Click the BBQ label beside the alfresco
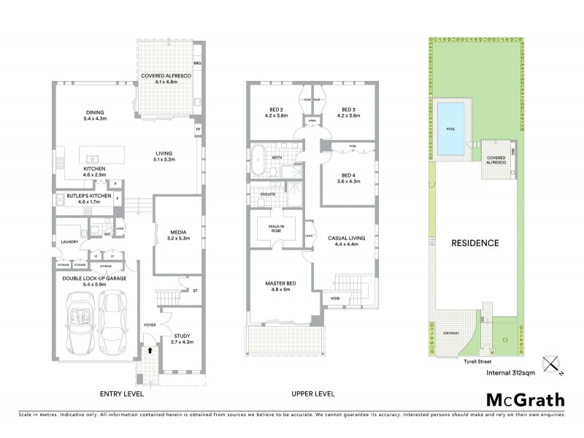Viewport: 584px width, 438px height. pyautogui.click(x=197, y=64)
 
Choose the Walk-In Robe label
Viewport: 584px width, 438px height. pyautogui.click(x=277, y=228)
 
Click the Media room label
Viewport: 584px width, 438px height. pyautogui.click(x=178, y=234)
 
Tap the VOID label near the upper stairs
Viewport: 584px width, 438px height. pyautogui.click(x=334, y=298)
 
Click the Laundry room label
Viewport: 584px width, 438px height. pyautogui.click(x=70, y=242)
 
